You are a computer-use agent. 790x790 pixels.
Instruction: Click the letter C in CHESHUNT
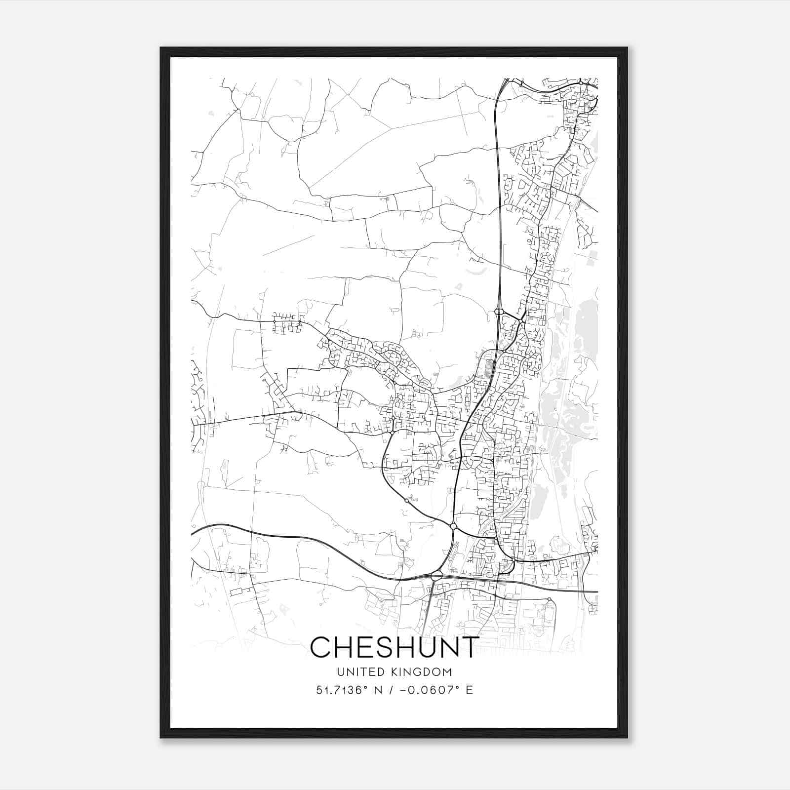tap(322, 647)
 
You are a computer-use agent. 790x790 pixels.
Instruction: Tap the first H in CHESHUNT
tap(348, 647)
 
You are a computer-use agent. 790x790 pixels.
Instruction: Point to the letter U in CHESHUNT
tap(440, 647)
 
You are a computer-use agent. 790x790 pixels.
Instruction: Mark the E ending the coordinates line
tap(470, 690)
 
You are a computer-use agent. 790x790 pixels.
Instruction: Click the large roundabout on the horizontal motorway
tap(436, 576)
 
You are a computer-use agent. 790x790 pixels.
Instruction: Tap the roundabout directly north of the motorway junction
tap(453, 526)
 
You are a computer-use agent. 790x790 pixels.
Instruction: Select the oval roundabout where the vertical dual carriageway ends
tap(498, 312)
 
